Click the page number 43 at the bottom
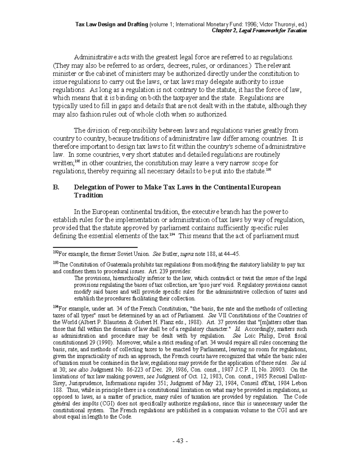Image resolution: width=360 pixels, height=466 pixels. [180, 441]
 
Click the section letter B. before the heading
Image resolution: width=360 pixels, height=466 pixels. [56, 187]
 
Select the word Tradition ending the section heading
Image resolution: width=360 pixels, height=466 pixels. [88, 195]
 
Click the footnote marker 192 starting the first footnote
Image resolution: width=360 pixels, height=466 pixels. [55, 253]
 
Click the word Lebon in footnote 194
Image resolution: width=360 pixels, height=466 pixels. [300, 383]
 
